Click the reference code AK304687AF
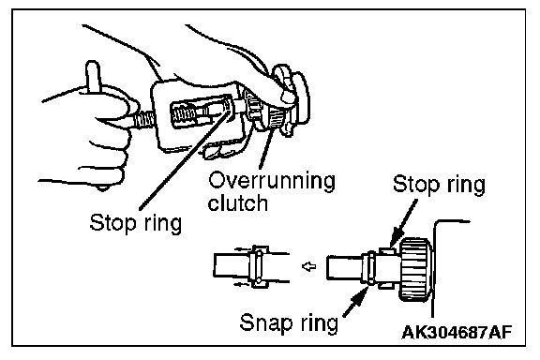457,333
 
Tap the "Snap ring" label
289,323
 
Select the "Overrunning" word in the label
272,181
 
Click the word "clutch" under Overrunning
237,202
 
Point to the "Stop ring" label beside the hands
135,223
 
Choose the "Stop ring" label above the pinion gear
439,185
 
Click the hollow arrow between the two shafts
309,266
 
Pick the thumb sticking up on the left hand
93,78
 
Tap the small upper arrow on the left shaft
242,249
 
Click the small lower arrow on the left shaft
241,284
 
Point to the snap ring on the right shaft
371,268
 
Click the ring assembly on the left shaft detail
259,266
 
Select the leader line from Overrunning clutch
266,148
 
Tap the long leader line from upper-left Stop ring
185,157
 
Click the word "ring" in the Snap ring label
320,324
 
